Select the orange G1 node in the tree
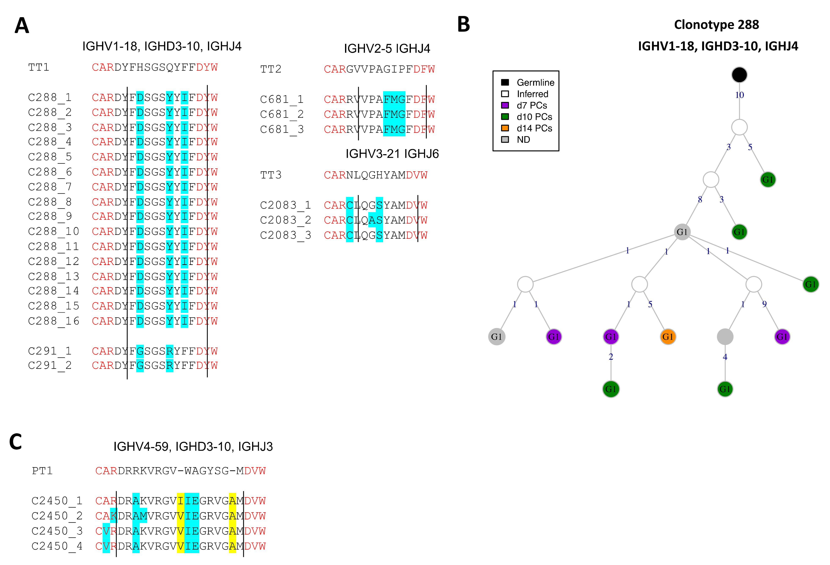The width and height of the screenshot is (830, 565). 667,337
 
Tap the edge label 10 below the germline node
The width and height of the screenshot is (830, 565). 739,95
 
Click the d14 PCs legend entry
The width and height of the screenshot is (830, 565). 534,128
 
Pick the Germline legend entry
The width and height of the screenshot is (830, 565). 535,83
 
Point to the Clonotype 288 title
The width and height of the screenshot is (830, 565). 716,25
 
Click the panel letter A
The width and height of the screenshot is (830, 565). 22,26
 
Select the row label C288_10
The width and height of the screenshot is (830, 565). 54,232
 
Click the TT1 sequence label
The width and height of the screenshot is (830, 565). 39,68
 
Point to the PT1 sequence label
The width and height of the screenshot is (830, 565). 42,471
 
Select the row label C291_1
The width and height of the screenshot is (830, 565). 50,351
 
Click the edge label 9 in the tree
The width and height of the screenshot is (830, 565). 764,304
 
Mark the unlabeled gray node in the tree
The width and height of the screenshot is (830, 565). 725,337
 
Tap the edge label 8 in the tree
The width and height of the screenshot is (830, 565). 700,199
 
